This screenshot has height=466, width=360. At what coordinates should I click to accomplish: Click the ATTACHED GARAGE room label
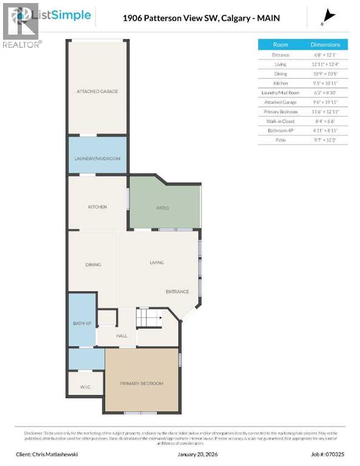point(97,92)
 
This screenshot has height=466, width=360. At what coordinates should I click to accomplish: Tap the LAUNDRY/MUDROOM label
point(97,158)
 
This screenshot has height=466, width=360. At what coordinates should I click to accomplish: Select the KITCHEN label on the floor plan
point(97,207)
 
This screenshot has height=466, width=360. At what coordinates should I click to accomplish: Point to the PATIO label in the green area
point(163,208)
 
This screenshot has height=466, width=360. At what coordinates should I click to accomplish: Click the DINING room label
point(93,265)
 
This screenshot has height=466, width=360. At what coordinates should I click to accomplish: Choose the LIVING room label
point(157,263)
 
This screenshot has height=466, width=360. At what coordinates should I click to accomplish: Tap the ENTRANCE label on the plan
point(177,292)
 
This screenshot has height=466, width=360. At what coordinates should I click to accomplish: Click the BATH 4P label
point(81,323)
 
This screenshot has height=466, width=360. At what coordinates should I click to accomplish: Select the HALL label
point(121,336)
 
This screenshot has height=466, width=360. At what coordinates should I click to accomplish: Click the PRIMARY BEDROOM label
point(141,383)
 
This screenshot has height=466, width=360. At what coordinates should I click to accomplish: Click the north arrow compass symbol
point(328,16)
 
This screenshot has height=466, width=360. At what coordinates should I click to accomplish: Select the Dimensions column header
point(326,45)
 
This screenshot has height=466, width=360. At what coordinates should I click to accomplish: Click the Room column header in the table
point(280,45)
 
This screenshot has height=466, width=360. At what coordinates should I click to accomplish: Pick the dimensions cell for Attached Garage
point(326,103)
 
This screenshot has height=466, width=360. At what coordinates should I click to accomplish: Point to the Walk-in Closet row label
point(280,121)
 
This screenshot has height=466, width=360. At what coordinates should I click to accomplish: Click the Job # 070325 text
point(328,453)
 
